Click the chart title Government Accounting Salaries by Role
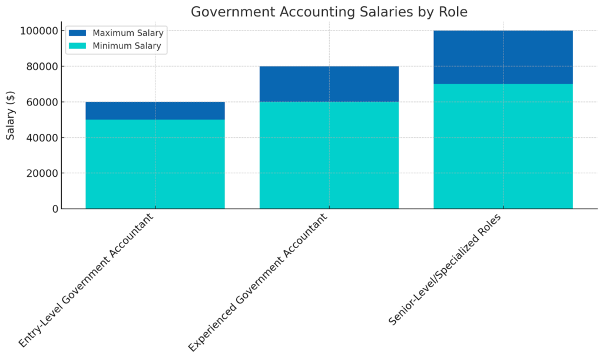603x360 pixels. pos(329,12)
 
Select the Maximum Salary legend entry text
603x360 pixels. pos(128,33)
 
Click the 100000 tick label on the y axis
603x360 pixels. pos(39,31)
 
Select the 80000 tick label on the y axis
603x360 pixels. pos(41,67)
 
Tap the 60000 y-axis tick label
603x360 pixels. pos(41,102)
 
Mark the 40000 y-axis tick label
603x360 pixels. pos(41,138)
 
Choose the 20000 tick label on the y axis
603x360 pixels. pos(41,173)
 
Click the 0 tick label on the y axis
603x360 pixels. pos(54,209)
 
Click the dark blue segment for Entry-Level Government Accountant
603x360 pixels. pos(155,111)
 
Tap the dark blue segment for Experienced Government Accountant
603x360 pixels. pos(329,84)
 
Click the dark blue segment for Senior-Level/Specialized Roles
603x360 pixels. pos(503,57)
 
